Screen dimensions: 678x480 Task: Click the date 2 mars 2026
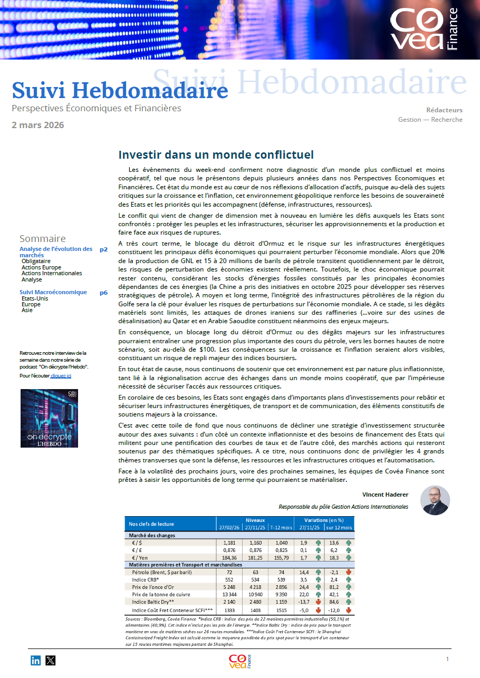(x=38, y=125)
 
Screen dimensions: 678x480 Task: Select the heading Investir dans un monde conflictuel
(x=216, y=154)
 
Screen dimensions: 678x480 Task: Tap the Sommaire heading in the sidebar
(x=43, y=238)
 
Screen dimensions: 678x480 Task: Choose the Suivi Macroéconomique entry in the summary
(x=53, y=292)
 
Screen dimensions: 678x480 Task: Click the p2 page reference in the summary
(x=103, y=249)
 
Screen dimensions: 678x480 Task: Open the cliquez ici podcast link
(x=61, y=375)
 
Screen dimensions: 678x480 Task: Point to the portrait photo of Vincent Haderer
(x=435, y=500)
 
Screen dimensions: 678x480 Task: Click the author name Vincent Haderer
(x=385, y=495)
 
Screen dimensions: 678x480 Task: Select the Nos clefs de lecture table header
(x=152, y=524)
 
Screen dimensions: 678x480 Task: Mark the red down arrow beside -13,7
(x=318, y=602)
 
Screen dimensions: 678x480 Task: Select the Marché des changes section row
(x=152, y=535)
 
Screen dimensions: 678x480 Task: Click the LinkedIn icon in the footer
(x=35, y=660)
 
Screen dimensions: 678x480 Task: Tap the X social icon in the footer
(x=51, y=660)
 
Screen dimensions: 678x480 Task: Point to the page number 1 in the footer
(x=447, y=659)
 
